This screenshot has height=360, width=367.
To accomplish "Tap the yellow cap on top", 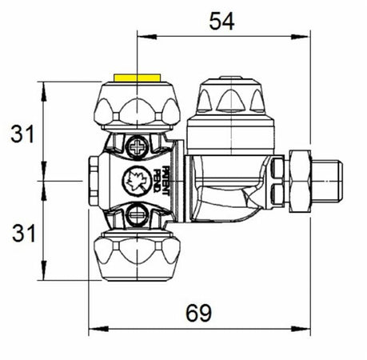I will coord(138,78).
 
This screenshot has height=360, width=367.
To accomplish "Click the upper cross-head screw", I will coord(141,148).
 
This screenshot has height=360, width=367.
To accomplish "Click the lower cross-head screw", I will coord(141,214).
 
